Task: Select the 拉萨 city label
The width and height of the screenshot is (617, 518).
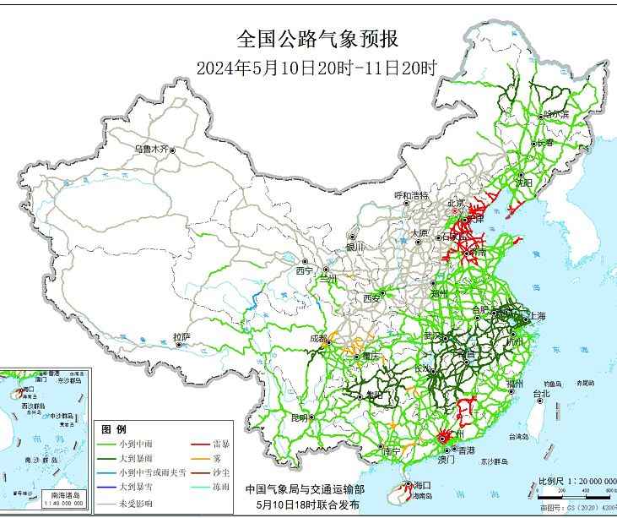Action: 181,336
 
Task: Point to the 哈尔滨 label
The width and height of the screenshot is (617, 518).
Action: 556,113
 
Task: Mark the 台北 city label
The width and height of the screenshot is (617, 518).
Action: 540,393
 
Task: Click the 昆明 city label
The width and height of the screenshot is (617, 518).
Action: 300,417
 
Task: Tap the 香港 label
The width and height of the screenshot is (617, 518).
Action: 466,450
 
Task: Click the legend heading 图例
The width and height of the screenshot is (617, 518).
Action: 114,428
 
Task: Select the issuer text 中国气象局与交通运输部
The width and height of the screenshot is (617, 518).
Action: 305,488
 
